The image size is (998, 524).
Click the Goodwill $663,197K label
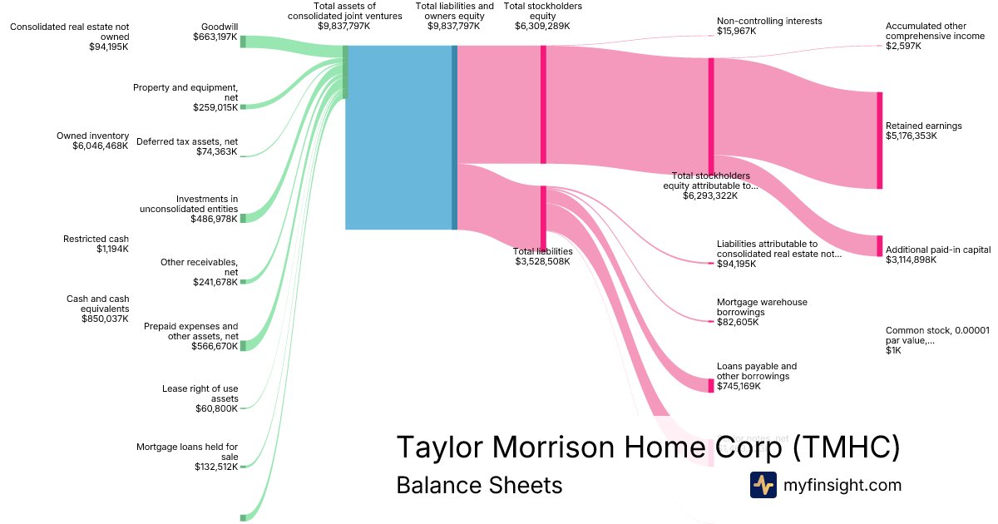click(215, 32)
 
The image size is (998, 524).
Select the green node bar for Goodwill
click(243, 42)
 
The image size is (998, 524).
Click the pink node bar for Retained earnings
click(879, 140)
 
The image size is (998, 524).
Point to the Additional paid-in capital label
click(937, 250)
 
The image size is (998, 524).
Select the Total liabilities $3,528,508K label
click(542, 256)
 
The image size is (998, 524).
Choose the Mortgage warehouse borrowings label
click(761, 312)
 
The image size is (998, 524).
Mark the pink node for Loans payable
click(711, 385)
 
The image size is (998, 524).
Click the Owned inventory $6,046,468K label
click(92, 141)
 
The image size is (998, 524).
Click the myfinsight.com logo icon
click(763, 485)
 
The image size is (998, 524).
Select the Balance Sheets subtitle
click(479, 485)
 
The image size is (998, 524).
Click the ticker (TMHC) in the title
click(843, 447)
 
